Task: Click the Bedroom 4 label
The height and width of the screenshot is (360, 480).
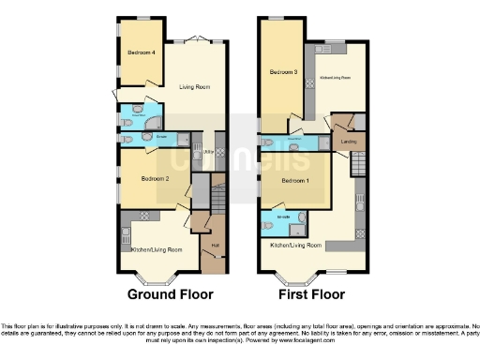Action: [x=141, y=52]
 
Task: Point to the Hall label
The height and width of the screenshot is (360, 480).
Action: [x=215, y=246]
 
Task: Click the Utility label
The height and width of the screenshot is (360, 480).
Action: [x=207, y=151]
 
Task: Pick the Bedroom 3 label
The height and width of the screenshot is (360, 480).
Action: [x=282, y=72]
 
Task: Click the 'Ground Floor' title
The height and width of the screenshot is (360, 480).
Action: [x=169, y=292]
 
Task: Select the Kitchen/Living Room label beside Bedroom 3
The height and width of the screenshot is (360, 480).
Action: [x=335, y=78]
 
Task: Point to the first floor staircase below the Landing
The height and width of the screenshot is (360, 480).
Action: [x=355, y=165]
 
